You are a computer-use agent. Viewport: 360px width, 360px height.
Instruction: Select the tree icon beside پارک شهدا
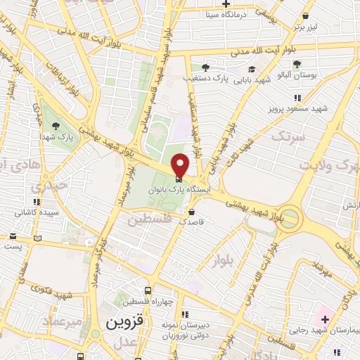coord(55,125)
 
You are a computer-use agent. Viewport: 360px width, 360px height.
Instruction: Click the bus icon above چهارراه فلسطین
coord(148,290)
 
